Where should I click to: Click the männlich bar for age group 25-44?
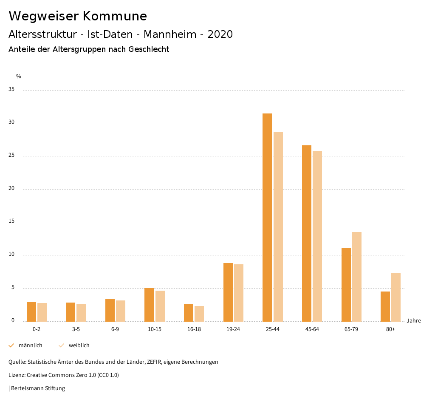click(x=267, y=217)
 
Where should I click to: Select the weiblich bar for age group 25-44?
click(x=278, y=226)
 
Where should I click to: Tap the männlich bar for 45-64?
click(x=307, y=233)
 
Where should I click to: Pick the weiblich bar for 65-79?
click(x=357, y=277)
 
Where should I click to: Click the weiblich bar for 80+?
click(x=396, y=297)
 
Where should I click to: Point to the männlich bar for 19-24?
click(x=228, y=292)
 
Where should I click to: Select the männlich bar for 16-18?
click(x=189, y=312)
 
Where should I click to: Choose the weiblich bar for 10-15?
click(x=160, y=306)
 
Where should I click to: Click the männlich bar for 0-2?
click(x=31, y=311)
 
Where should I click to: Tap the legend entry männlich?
click(x=30, y=345)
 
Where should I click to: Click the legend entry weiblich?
click(x=79, y=345)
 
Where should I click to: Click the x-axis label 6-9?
click(x=115, y=329)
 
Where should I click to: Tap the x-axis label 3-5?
click(x=76, y=329)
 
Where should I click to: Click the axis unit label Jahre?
click(x=413, y=321)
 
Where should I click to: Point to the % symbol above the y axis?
click(x=18, y=76)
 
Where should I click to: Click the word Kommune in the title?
click(x=115, y=16)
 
